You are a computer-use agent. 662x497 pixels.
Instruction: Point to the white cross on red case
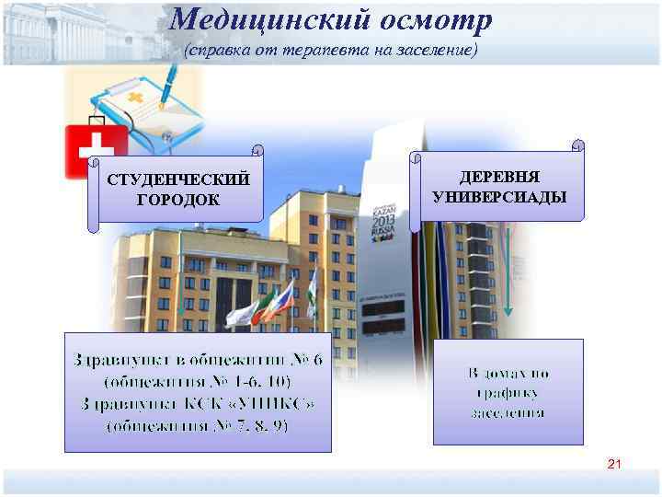pyautogui.click(x=96, y=148)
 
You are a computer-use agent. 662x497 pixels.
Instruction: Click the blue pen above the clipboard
pyautogui.click(x=175, y=87)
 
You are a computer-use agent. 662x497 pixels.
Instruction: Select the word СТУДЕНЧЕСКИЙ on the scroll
pyautogui.click(x=178, y=178)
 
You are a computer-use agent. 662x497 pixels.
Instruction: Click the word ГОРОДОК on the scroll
pyautogui.click(x=178, y=197)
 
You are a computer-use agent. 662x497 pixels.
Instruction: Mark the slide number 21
pyautogui.click(x=614, y=466)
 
